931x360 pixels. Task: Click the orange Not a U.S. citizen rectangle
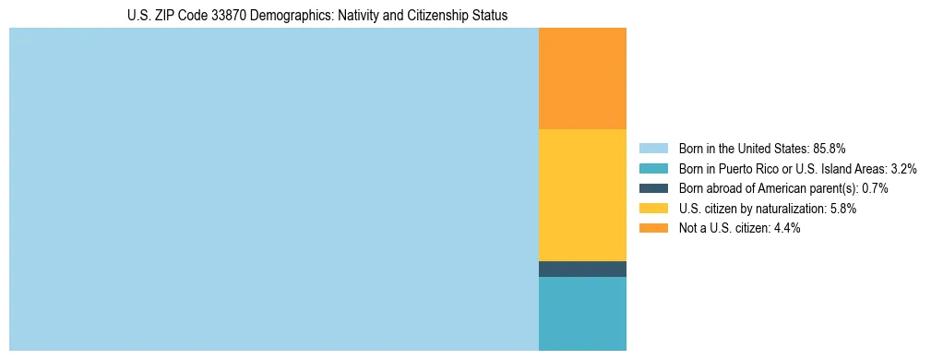pos(582,78)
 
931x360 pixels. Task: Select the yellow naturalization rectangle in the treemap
pos(582,195)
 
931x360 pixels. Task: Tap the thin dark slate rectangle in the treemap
pos(582,269)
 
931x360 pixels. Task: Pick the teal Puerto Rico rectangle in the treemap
pos(582,313)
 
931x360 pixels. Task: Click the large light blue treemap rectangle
pos(273,189)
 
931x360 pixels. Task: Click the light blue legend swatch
pos(652,148)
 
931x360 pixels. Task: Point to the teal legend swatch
pos(652,168)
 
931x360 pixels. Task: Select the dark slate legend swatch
pos(652,188)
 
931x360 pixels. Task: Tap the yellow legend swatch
pos(652,209)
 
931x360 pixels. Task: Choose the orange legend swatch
pos(652,228)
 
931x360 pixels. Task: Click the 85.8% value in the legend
pos(830,148)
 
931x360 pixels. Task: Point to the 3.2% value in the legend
pos(902,168)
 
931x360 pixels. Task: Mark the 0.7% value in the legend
pos(875,188)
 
